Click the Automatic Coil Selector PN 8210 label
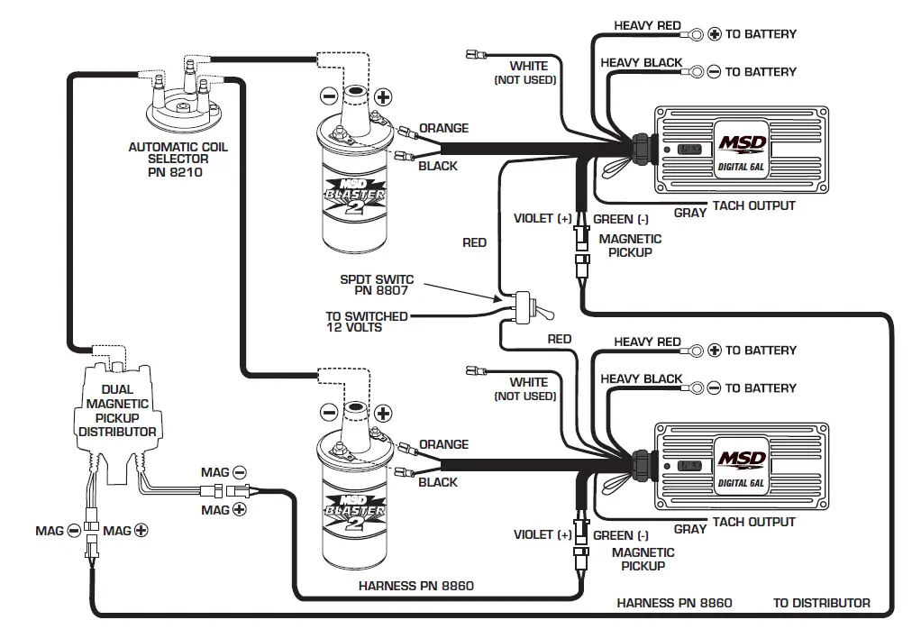click(x=178, y=159)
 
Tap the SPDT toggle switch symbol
click(x=531, y=306)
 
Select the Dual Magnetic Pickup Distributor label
click(x=116, y=411)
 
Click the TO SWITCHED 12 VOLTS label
click(x=366, y=322)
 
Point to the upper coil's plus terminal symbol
click(x=383, y=96)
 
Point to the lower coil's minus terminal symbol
click(x=329, y=413)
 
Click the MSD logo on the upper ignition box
click(x=742, y=145)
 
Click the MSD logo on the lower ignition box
click(x=742, y=460)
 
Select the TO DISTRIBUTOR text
click(x=821, y=603)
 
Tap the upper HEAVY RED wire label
click(x=647, y=25)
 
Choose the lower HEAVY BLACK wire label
click(x=642, y=379)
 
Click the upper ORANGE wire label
click(x=443, y=128)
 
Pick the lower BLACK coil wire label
click(x=438, y=482)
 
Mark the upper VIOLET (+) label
click(x=543, y=219)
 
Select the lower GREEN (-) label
click(x=620, y=535)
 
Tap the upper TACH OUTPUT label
click(x=753, y=205)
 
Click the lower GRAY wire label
click(x=689, y=529)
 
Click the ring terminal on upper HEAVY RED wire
click(x=697, y=34)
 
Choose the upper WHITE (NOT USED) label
click(x=526, y=73)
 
